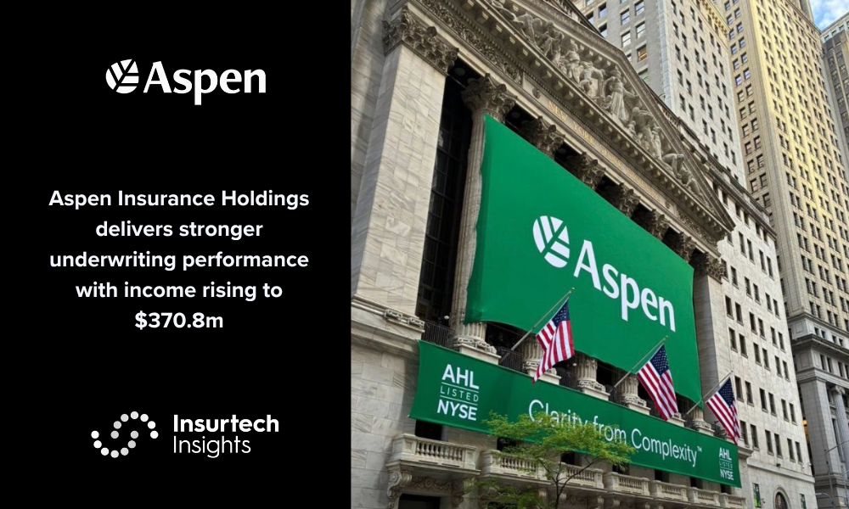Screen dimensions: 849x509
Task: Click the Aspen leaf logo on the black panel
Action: (121, 76)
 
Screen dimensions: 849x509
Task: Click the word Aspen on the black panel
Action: (205, 81)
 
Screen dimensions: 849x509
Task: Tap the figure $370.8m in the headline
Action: (179, 321)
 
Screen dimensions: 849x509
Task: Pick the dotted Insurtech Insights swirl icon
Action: (125, 433)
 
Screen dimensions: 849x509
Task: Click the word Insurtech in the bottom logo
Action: (227, 423)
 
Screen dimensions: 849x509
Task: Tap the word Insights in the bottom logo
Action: (211, 445)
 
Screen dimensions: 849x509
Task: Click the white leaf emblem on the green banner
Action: (551, 241)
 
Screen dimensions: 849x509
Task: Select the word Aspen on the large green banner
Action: (625, 286)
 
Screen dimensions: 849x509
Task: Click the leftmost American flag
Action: (554, 339)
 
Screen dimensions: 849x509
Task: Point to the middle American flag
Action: (657, 382)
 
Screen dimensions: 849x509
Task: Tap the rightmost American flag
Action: (723, 410)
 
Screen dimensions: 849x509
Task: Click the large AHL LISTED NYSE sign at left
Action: (458, 392)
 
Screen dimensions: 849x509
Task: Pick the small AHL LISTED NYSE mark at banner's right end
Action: (726, 464)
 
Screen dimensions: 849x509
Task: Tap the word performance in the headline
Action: (245, 260)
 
